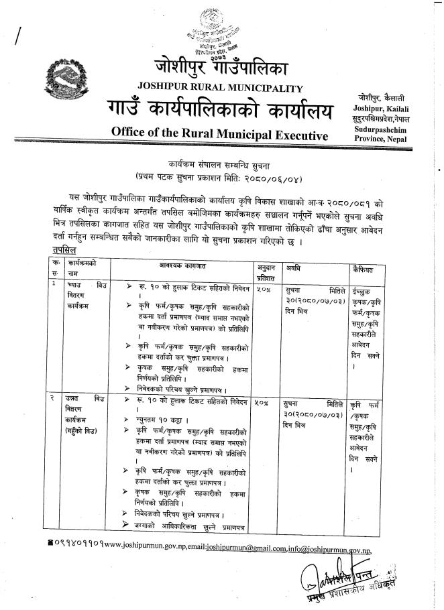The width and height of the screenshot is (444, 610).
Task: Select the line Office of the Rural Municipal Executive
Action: pos(214,133)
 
